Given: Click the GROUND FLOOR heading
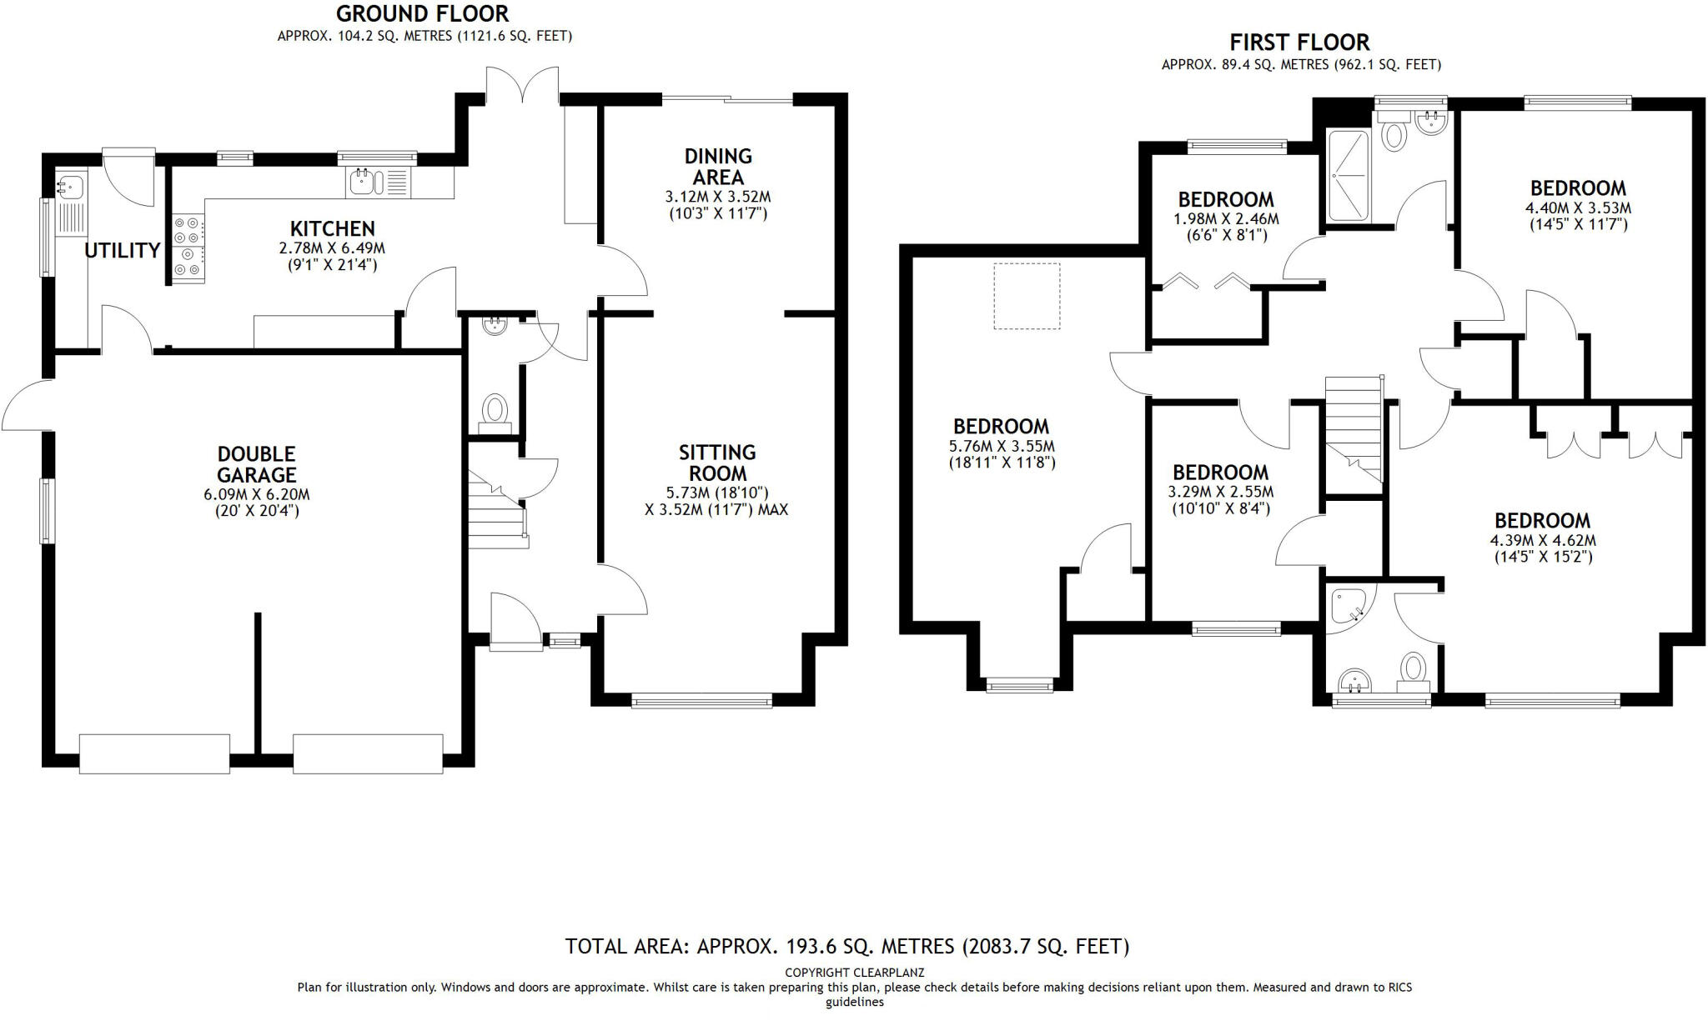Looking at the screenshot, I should coord(423,14).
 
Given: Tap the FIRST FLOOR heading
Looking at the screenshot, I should coord(1299,43).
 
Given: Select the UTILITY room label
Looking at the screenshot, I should coord(123,250).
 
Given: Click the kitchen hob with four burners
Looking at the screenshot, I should coord(188,248).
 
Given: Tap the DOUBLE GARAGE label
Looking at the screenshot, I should coord(257,464).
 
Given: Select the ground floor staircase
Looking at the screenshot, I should coord(495,508).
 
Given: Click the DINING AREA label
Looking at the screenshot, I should coord(718,166).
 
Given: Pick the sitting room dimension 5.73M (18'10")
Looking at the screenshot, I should coord(717,493).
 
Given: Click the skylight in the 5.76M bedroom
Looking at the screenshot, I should coord(1027,296).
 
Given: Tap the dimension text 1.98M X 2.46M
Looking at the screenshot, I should coord(1225,219).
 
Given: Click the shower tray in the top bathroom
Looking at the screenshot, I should coord(1348,176).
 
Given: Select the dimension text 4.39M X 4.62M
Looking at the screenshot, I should coord(1543,540).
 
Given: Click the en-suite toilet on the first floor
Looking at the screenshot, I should coord(1412,669).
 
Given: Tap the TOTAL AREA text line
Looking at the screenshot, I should coord(846,946).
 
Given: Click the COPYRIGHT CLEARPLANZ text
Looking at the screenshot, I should coord(854,972).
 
